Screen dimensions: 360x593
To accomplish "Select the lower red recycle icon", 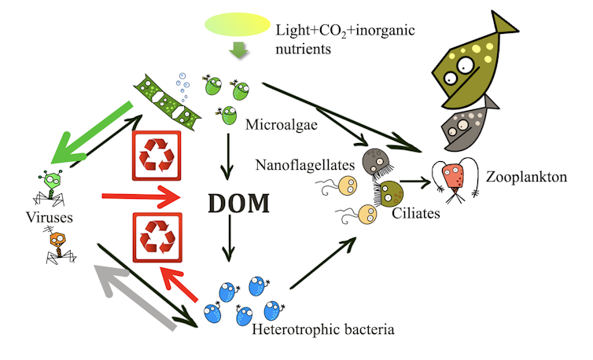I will click(x=160, y=237).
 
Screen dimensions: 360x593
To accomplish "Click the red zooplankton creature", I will click(x=455, y=179).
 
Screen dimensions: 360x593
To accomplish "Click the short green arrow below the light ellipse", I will click(x=237, y=53).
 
